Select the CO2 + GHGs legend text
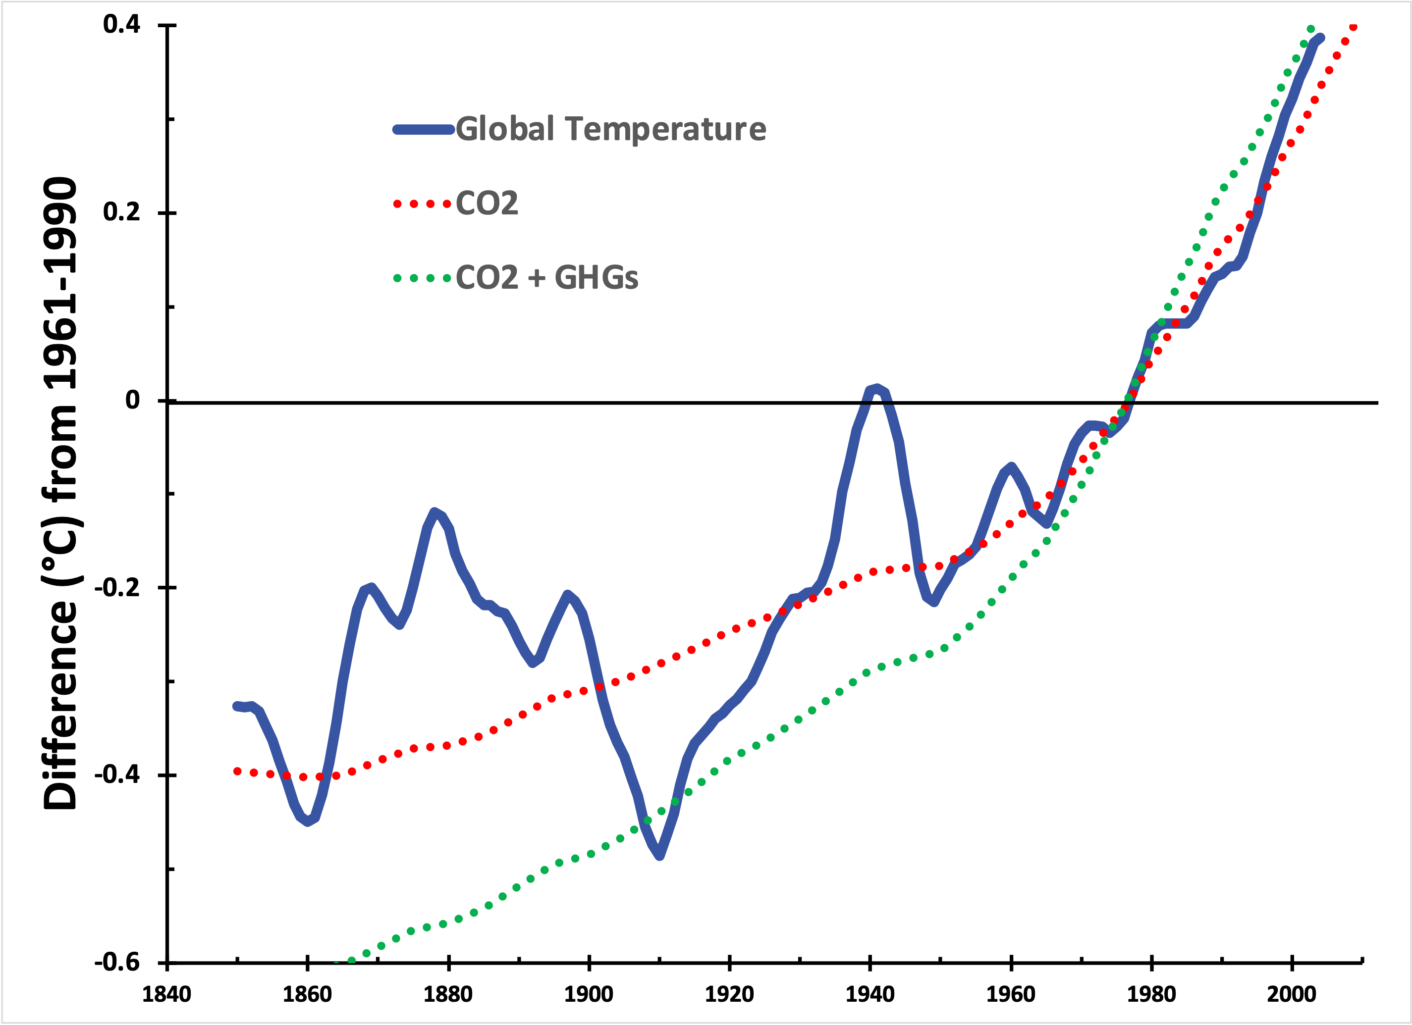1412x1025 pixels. (x=546, y=278)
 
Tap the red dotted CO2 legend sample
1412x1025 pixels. (x=422, y=204)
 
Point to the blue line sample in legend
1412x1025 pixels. (x=423, y=129)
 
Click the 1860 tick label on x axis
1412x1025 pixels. (x=307, y=994)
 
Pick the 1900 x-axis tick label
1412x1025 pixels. (x=589, y=994)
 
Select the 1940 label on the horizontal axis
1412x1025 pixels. (x=869, y=994)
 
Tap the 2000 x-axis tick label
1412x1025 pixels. (x=1292, y=994)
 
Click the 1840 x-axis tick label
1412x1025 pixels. (x=166, y=994)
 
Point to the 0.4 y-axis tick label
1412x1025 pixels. (x=122, y=25)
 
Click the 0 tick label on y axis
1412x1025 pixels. (x=133, y=400)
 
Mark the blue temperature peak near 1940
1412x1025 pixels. (x=876, y=389)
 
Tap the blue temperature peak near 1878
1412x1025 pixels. (x=434, y=512)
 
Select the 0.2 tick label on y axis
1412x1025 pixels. (x=122, y=212)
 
